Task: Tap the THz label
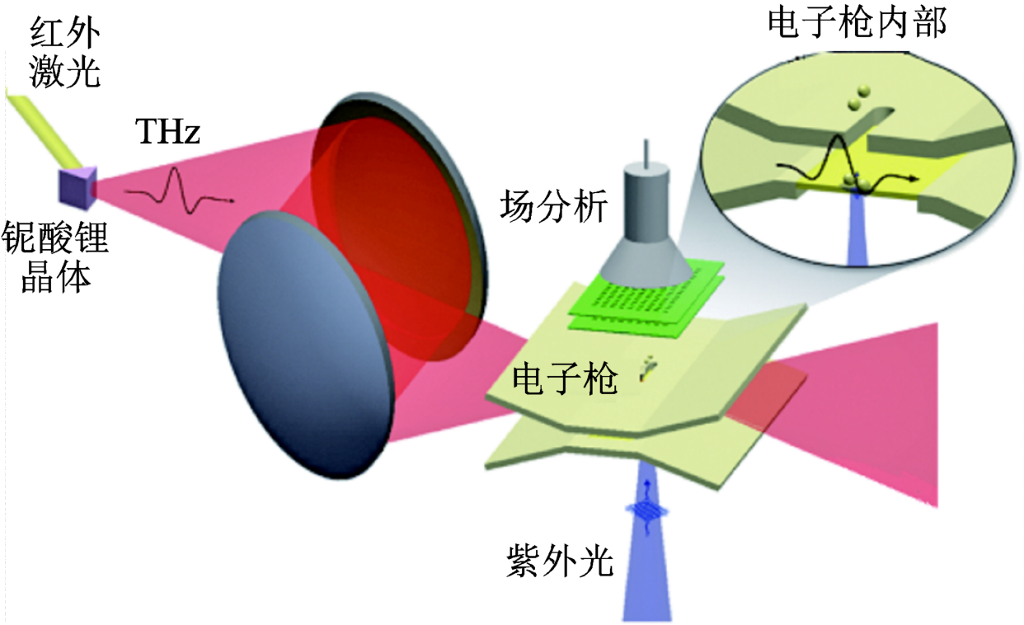tap(167, 131)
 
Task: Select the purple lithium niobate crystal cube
tap(77, 186)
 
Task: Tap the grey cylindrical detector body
tap(646, 198)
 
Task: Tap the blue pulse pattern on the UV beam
tap(646, 512)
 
